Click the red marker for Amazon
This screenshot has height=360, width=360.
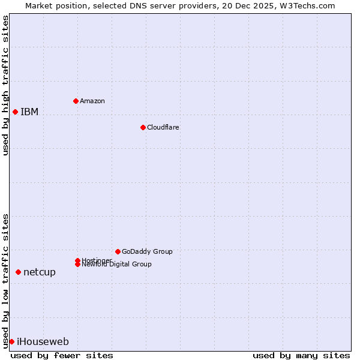(x=76, y=101)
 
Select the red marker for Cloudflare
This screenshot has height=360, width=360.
(x=143, y=127)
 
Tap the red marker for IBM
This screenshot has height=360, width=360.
(x=15, y=112)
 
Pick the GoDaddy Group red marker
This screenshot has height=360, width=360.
(x=118, y=251)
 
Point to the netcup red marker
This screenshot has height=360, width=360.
(x=18, y=272)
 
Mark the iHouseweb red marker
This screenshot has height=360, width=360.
(x=11, y=341)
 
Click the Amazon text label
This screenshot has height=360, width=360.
(x=92, y=101)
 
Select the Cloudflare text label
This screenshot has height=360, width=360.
(x=163, y=127)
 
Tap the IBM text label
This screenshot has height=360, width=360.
(x=29, y=112)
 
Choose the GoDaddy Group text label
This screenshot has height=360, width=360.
(x=147, y=251)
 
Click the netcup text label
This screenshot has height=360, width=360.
(x=40, y=272)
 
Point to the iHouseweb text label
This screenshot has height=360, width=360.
(x=43, y=342)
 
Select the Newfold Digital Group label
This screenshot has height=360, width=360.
(x=117, y=265)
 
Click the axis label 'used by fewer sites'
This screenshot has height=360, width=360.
(x=62, y=356)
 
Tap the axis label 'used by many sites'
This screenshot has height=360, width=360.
(x=301, y=356)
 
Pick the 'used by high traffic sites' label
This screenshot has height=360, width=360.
(x=6, y=85)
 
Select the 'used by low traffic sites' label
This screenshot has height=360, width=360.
(x=6, y=280)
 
